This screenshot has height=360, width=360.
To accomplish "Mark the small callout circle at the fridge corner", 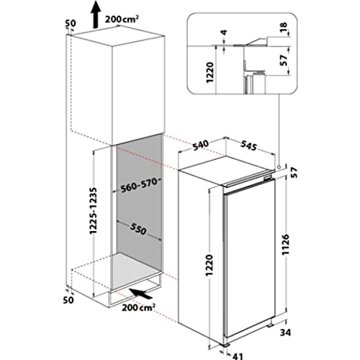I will (x=278, y=164).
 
